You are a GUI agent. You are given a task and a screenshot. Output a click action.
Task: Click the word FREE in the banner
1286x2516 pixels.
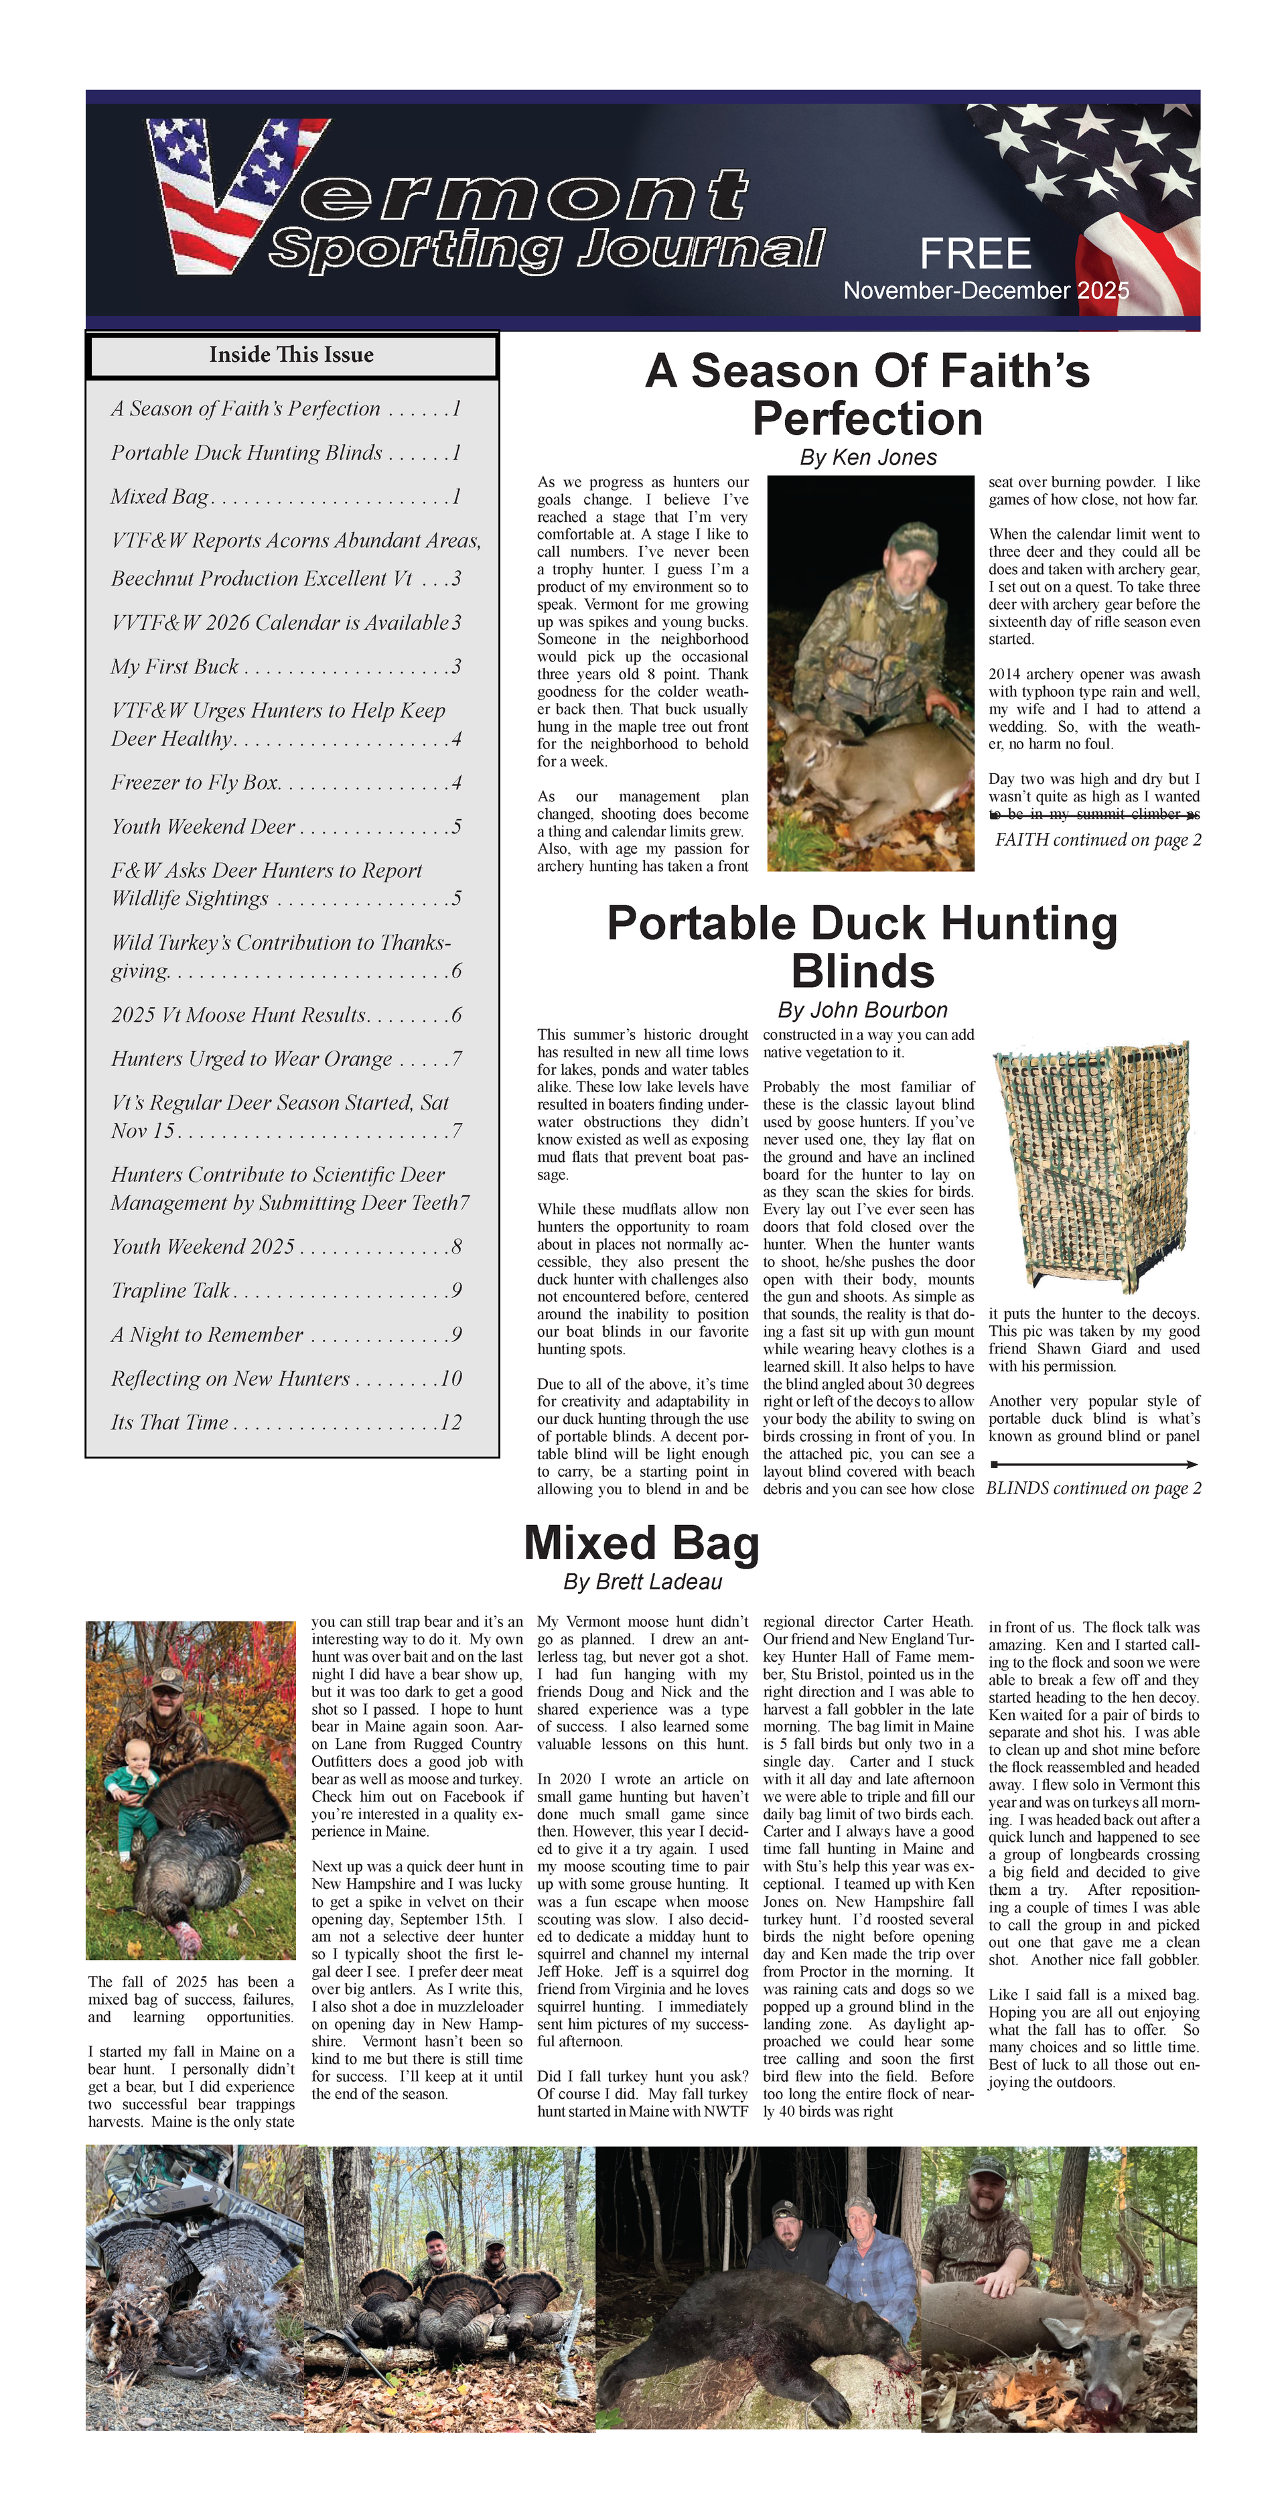click(975, 254)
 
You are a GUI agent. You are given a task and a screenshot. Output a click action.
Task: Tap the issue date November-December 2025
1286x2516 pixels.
click(985, 291)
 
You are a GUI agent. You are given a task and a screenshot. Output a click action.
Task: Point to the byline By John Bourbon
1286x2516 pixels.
click(861, 1010)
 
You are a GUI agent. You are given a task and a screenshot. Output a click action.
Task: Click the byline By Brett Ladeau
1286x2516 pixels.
click(642, 1581)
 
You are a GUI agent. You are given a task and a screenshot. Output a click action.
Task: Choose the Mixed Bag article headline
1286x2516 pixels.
click(642, 1543)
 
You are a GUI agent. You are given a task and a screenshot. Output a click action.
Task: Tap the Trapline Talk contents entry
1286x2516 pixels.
click(170, 1290)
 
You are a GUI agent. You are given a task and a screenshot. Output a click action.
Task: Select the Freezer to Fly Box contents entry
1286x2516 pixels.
click(196, 783)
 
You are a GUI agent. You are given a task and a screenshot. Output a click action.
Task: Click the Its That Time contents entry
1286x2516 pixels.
click(170, 1422)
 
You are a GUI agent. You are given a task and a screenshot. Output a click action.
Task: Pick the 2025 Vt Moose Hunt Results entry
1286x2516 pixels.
click(238, 1015)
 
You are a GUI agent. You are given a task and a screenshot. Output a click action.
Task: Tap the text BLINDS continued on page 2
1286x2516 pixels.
click(1092, 1489)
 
